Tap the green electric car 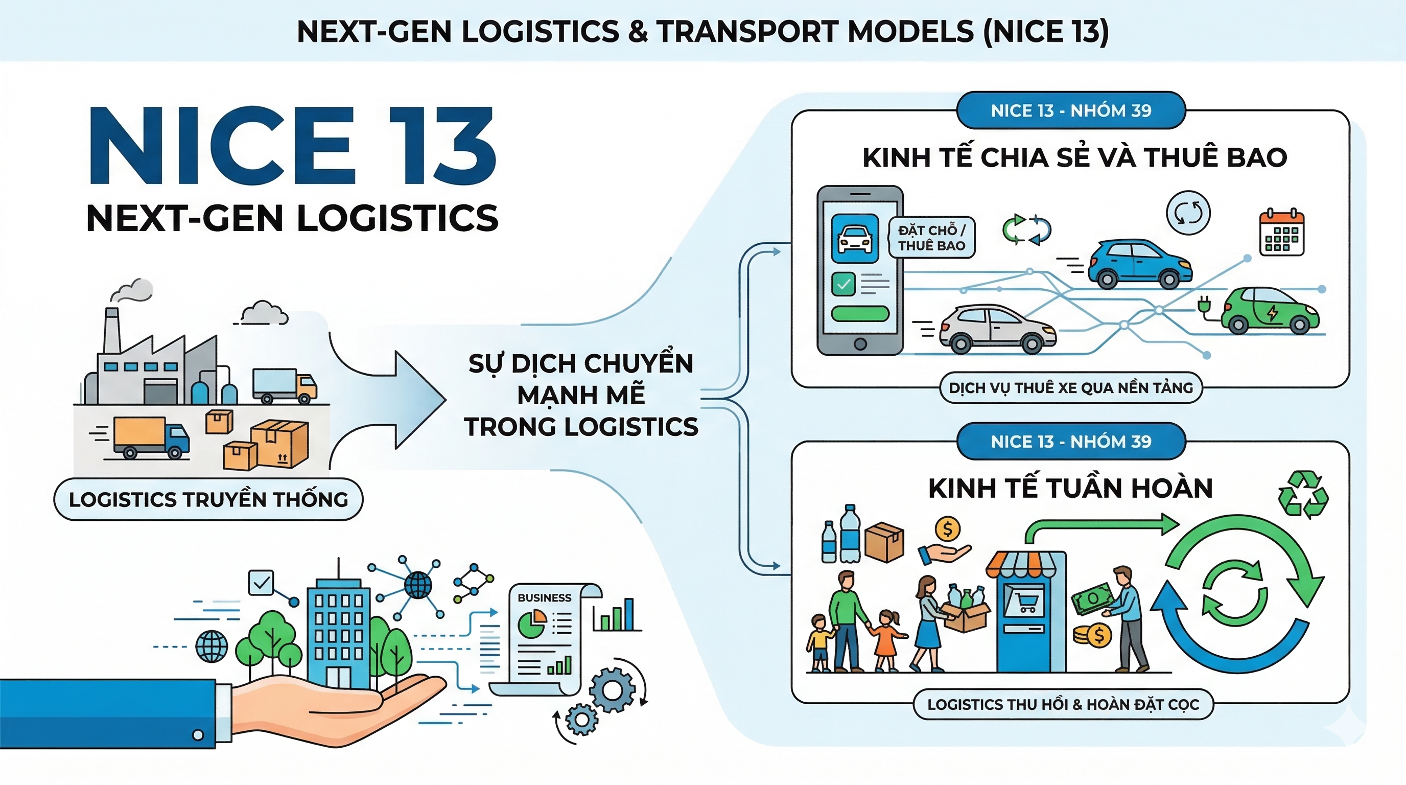click(1269, 312)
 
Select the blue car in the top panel click(1140, 265)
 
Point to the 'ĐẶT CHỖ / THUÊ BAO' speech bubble click(931, 238)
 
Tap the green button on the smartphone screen click(860, 314)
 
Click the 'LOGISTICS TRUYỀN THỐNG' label click(208, 499)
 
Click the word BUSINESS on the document click(544, 598)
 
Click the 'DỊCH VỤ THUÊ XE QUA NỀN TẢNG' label click(1070, 388)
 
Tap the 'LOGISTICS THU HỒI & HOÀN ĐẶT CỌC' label click(1063, 704)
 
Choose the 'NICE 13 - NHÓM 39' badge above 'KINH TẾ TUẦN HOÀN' click(1071, 441)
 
